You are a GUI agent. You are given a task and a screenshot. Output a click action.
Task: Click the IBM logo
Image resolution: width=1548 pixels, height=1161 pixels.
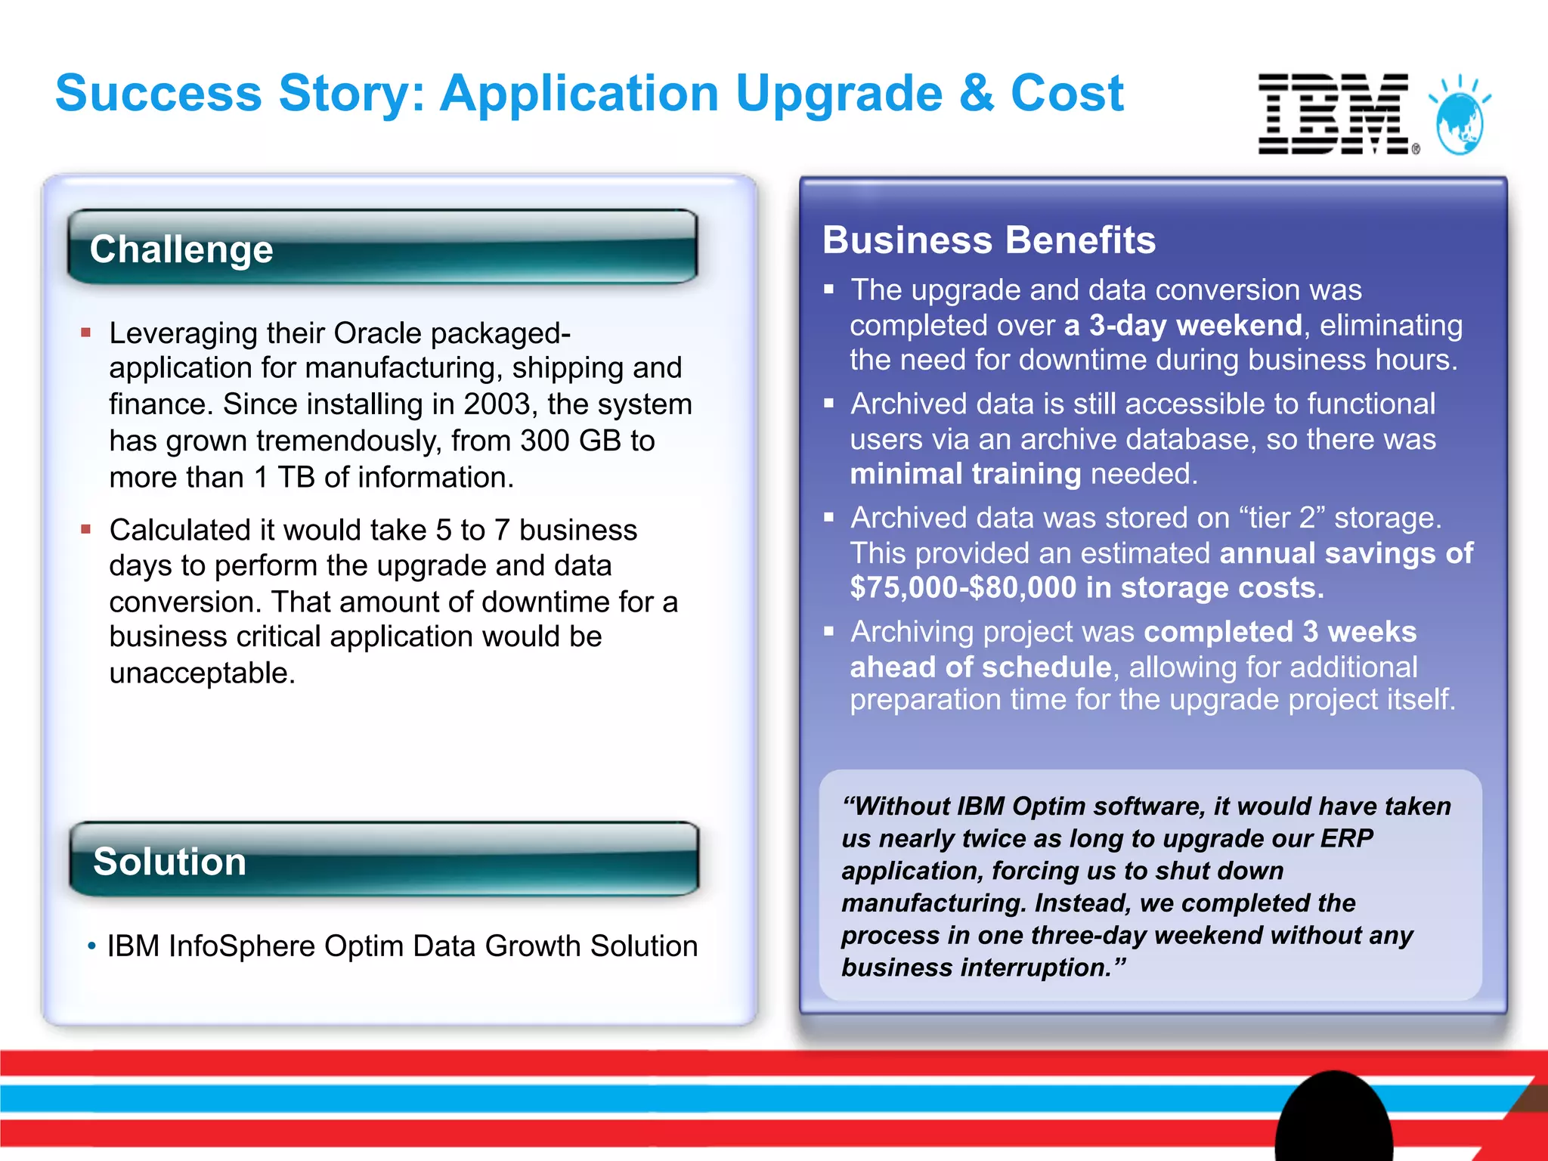pos(1334,114)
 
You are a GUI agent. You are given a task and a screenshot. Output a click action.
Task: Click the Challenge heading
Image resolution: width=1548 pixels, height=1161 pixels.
pos(181,249)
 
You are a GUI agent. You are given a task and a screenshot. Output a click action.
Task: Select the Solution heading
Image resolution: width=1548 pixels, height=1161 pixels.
pos(170,862)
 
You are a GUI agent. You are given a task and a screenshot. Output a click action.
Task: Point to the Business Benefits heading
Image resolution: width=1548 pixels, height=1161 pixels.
pos(989,240)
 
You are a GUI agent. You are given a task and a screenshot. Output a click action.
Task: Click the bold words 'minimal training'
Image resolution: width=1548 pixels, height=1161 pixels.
pos(965,474)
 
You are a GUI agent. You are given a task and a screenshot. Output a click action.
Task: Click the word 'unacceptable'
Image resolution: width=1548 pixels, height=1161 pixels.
pos(201,673)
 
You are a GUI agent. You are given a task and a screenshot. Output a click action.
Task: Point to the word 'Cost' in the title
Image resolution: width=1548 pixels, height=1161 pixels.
pos(1067,94)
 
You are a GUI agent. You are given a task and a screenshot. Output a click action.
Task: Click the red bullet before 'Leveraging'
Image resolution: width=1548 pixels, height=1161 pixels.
pos(86,333)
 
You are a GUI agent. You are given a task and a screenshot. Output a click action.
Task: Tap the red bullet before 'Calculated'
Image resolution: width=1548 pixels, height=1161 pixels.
pos(86,530)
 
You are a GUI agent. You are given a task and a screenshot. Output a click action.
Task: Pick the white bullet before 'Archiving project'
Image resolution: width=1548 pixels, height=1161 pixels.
pos(829,631)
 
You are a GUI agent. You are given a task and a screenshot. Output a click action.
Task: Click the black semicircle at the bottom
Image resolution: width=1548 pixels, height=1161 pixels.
pos(1333,1119)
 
